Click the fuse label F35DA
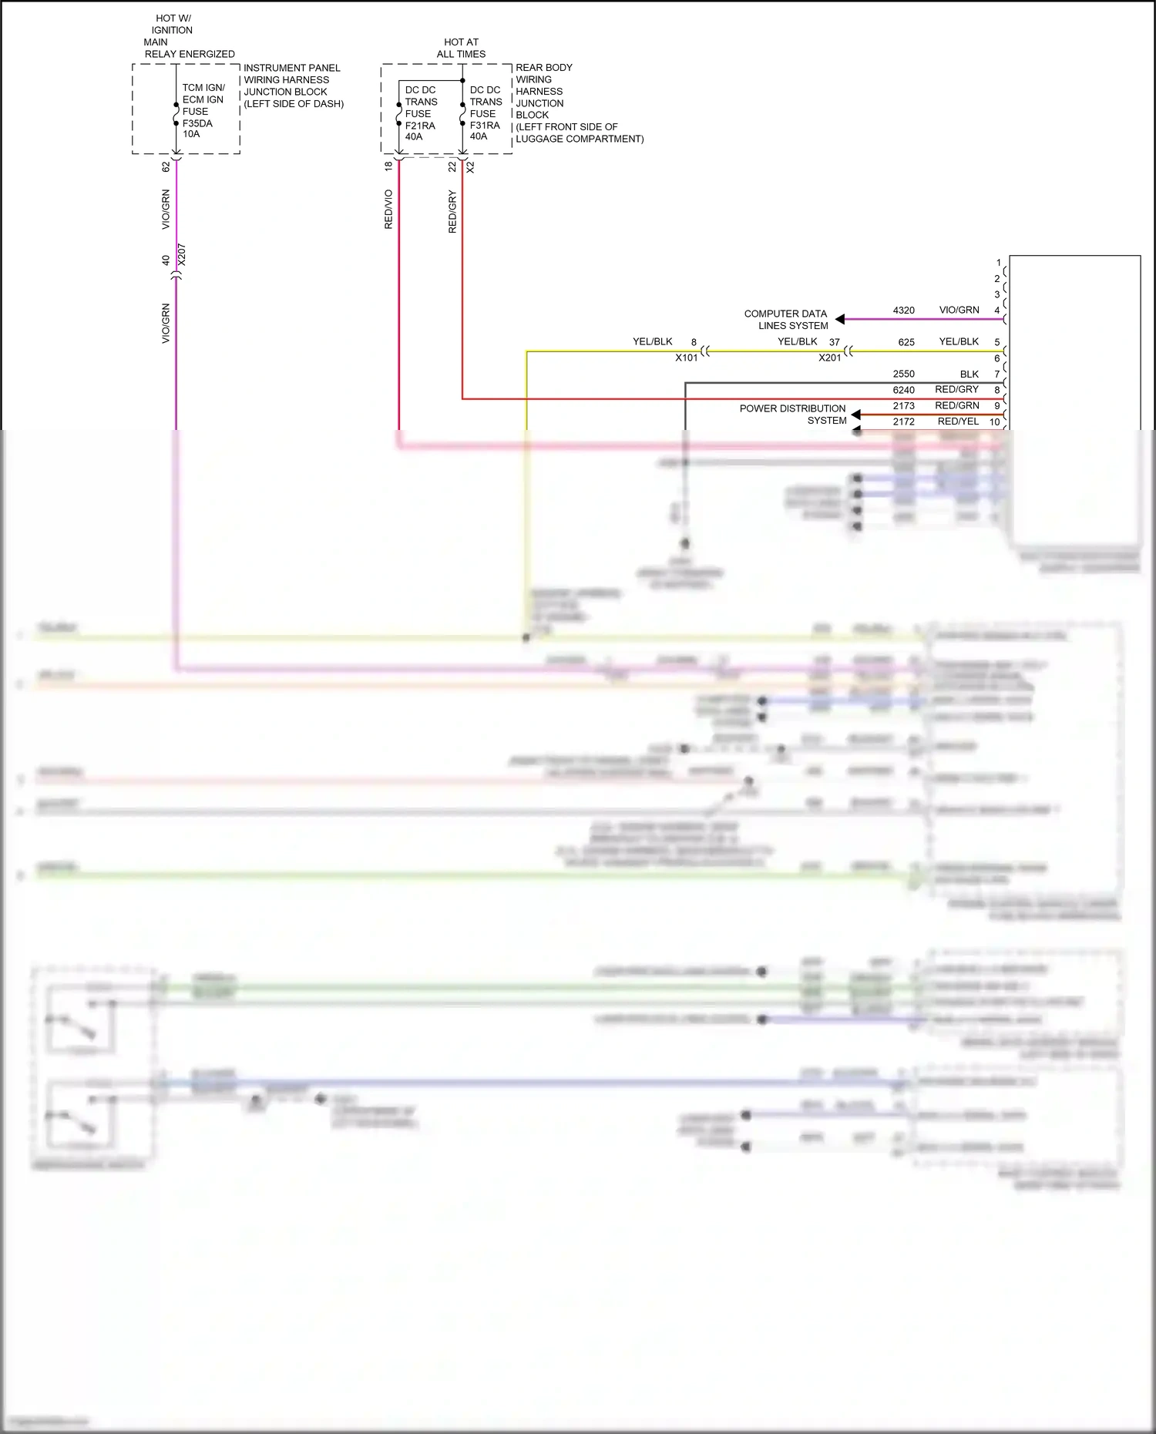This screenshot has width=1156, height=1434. pyautogui.click(x=197, y=123)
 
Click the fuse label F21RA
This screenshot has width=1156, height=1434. pyautogui.click(x=420, y=126)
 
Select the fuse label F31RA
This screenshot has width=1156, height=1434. pyautogui.click(x=485, y=125)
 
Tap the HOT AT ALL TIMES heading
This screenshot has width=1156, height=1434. pyautogui.click(x=461, y=48)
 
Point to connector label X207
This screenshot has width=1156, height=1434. pyautogui.click(x=182, y=255)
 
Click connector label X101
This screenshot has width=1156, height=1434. pyautogui.click(x=686, y=358)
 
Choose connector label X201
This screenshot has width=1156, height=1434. pyautogui.click(x=829, y=358)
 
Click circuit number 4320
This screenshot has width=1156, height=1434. pyautogui.click(x=903, y=311)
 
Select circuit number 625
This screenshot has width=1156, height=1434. pyautogui.click(x=906, y=342)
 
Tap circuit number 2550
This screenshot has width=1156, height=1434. pyautogui.click(x=903, y=374)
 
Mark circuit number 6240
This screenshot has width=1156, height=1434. pyautogui.click(x=903, y=390)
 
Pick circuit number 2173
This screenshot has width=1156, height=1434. pyautogui.click(x=903, y=406)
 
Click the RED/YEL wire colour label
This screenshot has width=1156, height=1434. pyautogui.click(x=958, y=421)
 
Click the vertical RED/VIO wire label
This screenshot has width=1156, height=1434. pyautogui.click(x=388, y=210)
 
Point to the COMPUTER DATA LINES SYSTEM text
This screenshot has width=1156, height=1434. pyautogui.click(x=785, y=320)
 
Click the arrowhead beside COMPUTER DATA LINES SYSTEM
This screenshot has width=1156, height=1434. pyautogui.click(x=840, y=319)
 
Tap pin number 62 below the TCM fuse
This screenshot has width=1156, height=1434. pyautogui.click(x=166, y=166)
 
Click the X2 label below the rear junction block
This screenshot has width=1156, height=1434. pyautogui.click(x=471, y=166)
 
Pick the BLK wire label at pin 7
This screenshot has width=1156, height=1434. pyautogui.click(x=969, y=374)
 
